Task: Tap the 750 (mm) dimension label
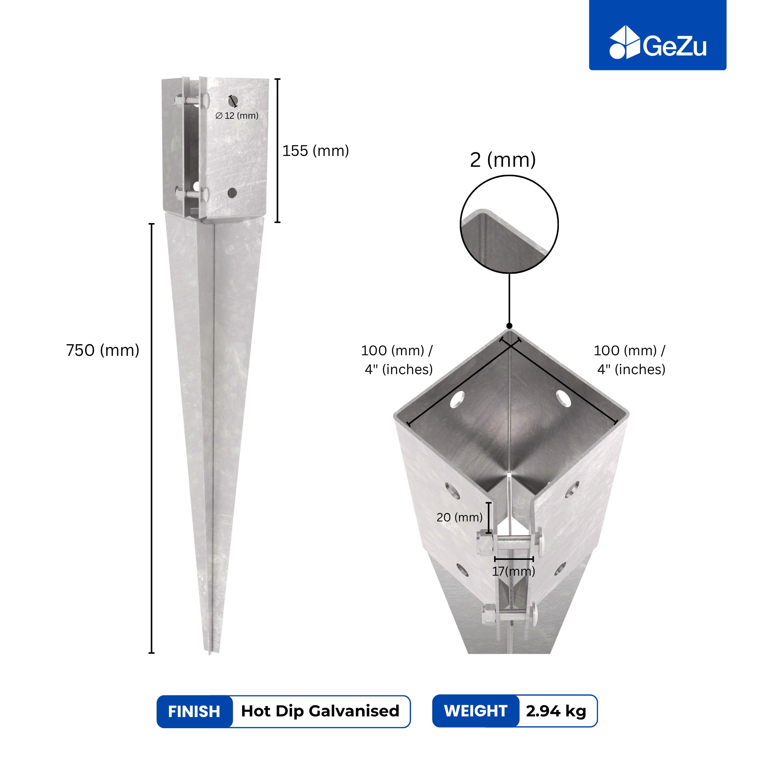(x=103, y=350)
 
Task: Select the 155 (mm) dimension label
(x=316, y=151)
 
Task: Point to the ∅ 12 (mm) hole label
(x=237, y=116)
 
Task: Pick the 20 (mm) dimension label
(x=459, y=517)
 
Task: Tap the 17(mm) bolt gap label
(x=513, y=571)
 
